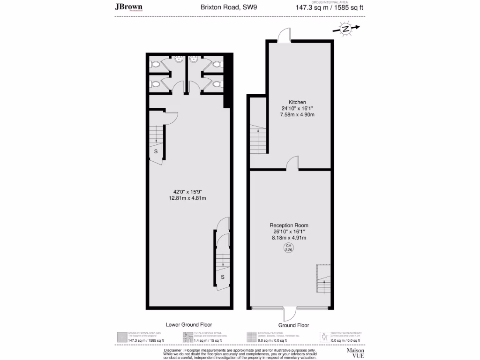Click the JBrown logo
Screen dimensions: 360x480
tap(128, 7)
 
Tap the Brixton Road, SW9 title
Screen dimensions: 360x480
tap(222, 7)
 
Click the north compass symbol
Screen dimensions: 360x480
tap(346, 29)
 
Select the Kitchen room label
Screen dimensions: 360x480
tap(297, 102)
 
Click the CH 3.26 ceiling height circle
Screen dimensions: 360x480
tap(289, 248)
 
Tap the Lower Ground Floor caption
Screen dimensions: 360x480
tap(189, 324)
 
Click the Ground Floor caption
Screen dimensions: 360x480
tap(293, 325)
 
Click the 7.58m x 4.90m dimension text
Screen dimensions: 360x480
tap(297, 114)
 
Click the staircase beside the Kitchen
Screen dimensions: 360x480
tap(257, 138)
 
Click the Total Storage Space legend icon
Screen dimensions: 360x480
tap(187, 337)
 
